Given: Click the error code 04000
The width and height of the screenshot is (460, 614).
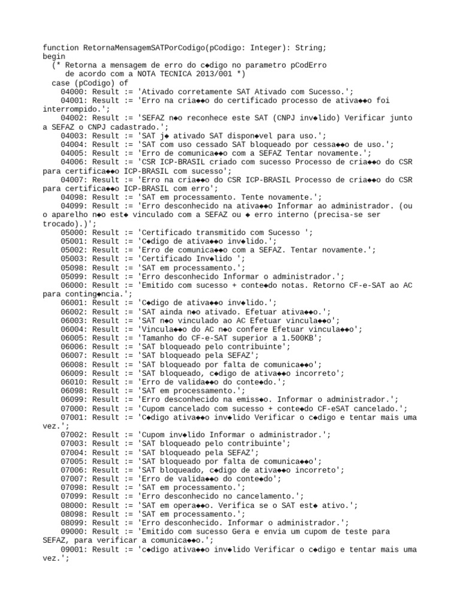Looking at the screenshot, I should point(72,91).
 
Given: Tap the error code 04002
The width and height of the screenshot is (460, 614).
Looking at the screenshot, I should point(72,118).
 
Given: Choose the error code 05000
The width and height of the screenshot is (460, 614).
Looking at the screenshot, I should point(72,233).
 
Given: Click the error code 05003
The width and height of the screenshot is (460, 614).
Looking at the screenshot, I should point(72,259).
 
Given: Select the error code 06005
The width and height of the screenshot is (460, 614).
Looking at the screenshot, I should point(72,338).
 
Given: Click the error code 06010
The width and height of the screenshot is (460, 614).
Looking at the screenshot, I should point(72,382).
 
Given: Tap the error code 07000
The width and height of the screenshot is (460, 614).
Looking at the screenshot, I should point(72,408).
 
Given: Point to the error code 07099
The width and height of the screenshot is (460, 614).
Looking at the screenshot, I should point(72,496).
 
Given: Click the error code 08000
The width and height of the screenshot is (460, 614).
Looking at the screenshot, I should point(72,505).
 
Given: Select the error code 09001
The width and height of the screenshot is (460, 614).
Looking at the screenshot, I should point(72,549).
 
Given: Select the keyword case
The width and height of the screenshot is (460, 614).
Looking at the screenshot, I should point(61,83).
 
